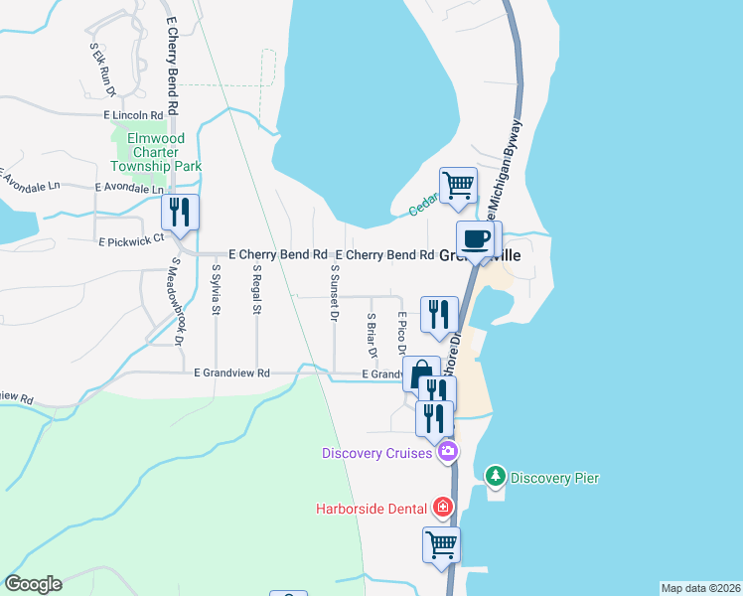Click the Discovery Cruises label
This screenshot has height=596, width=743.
tap(376, 453)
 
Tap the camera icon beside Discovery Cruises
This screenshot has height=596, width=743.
tap(447, 453)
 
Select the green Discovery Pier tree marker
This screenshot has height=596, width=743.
tap(496, 477)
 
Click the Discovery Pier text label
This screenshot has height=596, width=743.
tap(554, 478)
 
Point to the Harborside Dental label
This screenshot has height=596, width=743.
tap(372, 509)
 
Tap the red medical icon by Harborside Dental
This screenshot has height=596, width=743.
tap(443, 509)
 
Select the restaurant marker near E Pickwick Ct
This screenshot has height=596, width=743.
tap(181, 213)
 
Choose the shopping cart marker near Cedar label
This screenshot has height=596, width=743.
tap(458, 185)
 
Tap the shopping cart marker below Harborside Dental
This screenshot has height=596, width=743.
tap(441, 544)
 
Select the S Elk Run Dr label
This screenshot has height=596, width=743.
tap(103, 69)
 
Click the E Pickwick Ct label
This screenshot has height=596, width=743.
tap(130, 239)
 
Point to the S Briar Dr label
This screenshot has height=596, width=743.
tap(372, 335)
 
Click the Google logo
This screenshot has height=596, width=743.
tap(33, 584)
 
